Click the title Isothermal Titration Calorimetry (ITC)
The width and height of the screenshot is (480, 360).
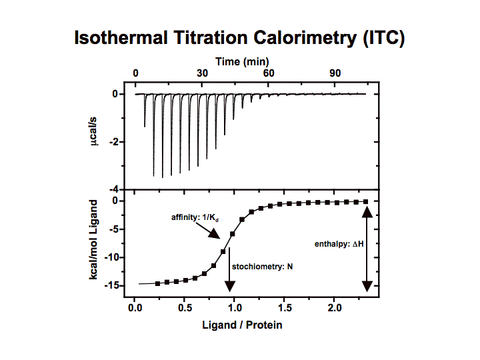point(239,39)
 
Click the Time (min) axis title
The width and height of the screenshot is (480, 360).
point(241,61)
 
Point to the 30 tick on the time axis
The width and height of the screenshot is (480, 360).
point(202,73)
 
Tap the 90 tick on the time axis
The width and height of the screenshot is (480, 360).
point(335,73)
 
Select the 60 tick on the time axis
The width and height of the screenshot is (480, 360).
point(269,73)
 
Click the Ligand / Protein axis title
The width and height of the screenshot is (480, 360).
point(242,325)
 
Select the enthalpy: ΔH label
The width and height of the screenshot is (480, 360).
point(338,244)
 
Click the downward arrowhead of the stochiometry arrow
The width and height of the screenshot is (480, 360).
point(230,286)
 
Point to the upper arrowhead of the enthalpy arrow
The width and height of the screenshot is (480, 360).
point(366,211)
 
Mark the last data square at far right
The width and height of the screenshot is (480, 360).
point(365,201)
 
